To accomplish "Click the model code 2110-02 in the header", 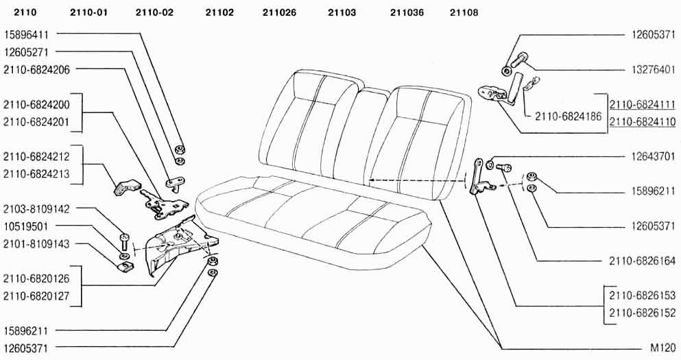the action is click(x=154, y=12).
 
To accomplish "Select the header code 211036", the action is click(x=407, y=12).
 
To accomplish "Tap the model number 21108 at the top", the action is click(x=464, y=12).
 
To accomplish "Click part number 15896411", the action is click(x=26, y=34).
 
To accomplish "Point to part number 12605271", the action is click(x=26, y=52).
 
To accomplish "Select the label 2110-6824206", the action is click(x=36, y=69).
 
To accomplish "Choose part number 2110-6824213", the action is click(x=36, y=174).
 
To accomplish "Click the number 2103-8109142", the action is click(x=36, y=209).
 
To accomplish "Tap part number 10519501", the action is click(x=26, y=227).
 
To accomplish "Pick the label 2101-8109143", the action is click(x=36, y=244).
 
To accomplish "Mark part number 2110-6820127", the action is click(x=36, y=296).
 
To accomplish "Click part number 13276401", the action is click(x=653, y=69).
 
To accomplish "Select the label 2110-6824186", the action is click(x=568, y=117).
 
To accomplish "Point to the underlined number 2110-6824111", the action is click(x=643, y=105).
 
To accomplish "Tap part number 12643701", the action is click(x=653, y=156).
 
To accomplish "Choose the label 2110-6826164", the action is click(x=643, y=261).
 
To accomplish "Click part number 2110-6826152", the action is click(x=643, y=313).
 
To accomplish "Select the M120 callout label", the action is click(x=663, y=348).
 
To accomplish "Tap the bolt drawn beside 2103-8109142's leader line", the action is click(x=123, y=241).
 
